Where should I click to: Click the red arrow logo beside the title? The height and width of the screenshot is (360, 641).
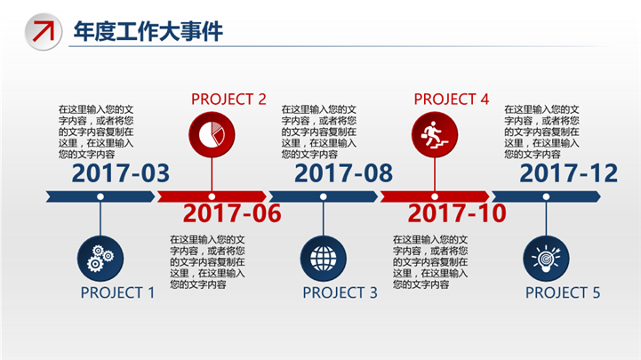coord(44,31)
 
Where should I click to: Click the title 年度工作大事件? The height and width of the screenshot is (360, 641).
coord(148,31)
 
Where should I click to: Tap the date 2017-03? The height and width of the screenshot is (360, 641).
coord(121,172)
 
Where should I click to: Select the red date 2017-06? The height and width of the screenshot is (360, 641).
coord(232,213)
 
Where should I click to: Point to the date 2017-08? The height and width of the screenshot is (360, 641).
coord(343,172)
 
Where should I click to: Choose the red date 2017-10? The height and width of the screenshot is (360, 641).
coord(457,213)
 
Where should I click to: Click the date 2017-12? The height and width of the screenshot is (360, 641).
coord(569,172)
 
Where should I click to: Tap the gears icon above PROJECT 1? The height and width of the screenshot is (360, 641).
coord(100,259)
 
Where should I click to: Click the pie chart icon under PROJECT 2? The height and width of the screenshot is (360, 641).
coord(212,135)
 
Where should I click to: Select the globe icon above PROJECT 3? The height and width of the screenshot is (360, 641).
coord(324,259)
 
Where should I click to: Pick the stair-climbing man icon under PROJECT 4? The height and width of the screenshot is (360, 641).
coord(435,135)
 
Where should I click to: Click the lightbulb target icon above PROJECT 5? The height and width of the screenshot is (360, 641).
coord(546,259)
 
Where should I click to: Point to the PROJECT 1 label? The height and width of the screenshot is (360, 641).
coord(117,292)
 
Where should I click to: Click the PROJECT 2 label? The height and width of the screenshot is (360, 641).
coord(228,99)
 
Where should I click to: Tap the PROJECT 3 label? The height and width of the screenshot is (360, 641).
coord(341,292)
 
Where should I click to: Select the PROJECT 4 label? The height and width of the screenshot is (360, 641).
coord(452,99)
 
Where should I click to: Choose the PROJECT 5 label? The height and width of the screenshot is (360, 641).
coord(563,292)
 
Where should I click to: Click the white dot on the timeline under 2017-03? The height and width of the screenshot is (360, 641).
coord(100,196)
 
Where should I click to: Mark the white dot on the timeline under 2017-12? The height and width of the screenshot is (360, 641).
coord(546,196)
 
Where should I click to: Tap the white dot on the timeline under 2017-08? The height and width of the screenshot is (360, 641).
coord(324,196)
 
